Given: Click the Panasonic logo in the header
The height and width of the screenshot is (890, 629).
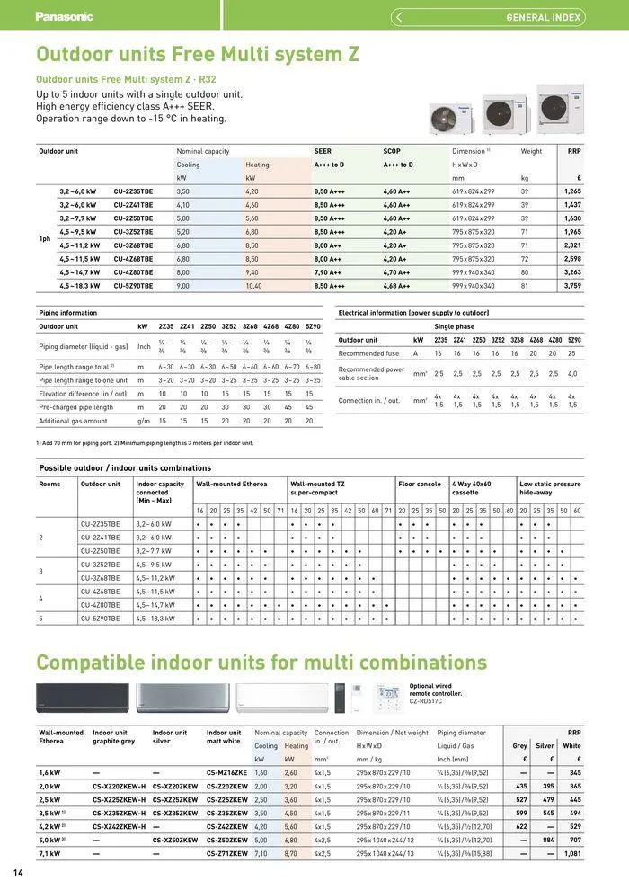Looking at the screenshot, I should tap(64, 16).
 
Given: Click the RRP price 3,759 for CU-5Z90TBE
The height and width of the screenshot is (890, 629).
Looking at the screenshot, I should tap(572, 285).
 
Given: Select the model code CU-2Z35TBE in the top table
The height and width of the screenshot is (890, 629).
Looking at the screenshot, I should tap(133, 191).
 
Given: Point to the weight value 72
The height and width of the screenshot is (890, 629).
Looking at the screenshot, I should tap(525, 258).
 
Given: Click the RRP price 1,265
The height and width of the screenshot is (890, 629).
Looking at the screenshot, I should tap(572, 191).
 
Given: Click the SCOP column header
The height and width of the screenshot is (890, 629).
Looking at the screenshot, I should tap(392, 151).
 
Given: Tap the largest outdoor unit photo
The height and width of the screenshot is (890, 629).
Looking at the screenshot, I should tap(560, 109).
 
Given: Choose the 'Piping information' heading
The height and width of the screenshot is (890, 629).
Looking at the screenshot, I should tap(67, 313).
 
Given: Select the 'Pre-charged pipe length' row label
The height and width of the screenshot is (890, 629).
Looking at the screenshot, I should tap(75, 406).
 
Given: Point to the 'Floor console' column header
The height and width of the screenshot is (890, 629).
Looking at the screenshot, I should tap(420, 484).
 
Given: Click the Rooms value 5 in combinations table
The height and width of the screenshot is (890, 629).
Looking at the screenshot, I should tap(41, 619).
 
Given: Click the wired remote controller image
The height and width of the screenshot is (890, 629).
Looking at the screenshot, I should tap(390, 699).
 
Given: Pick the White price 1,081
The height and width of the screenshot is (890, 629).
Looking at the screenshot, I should tap(572, 853).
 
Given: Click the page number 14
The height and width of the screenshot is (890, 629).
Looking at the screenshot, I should tap(17, 873).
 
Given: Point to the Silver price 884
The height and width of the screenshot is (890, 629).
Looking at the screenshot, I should tap(545, 840).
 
